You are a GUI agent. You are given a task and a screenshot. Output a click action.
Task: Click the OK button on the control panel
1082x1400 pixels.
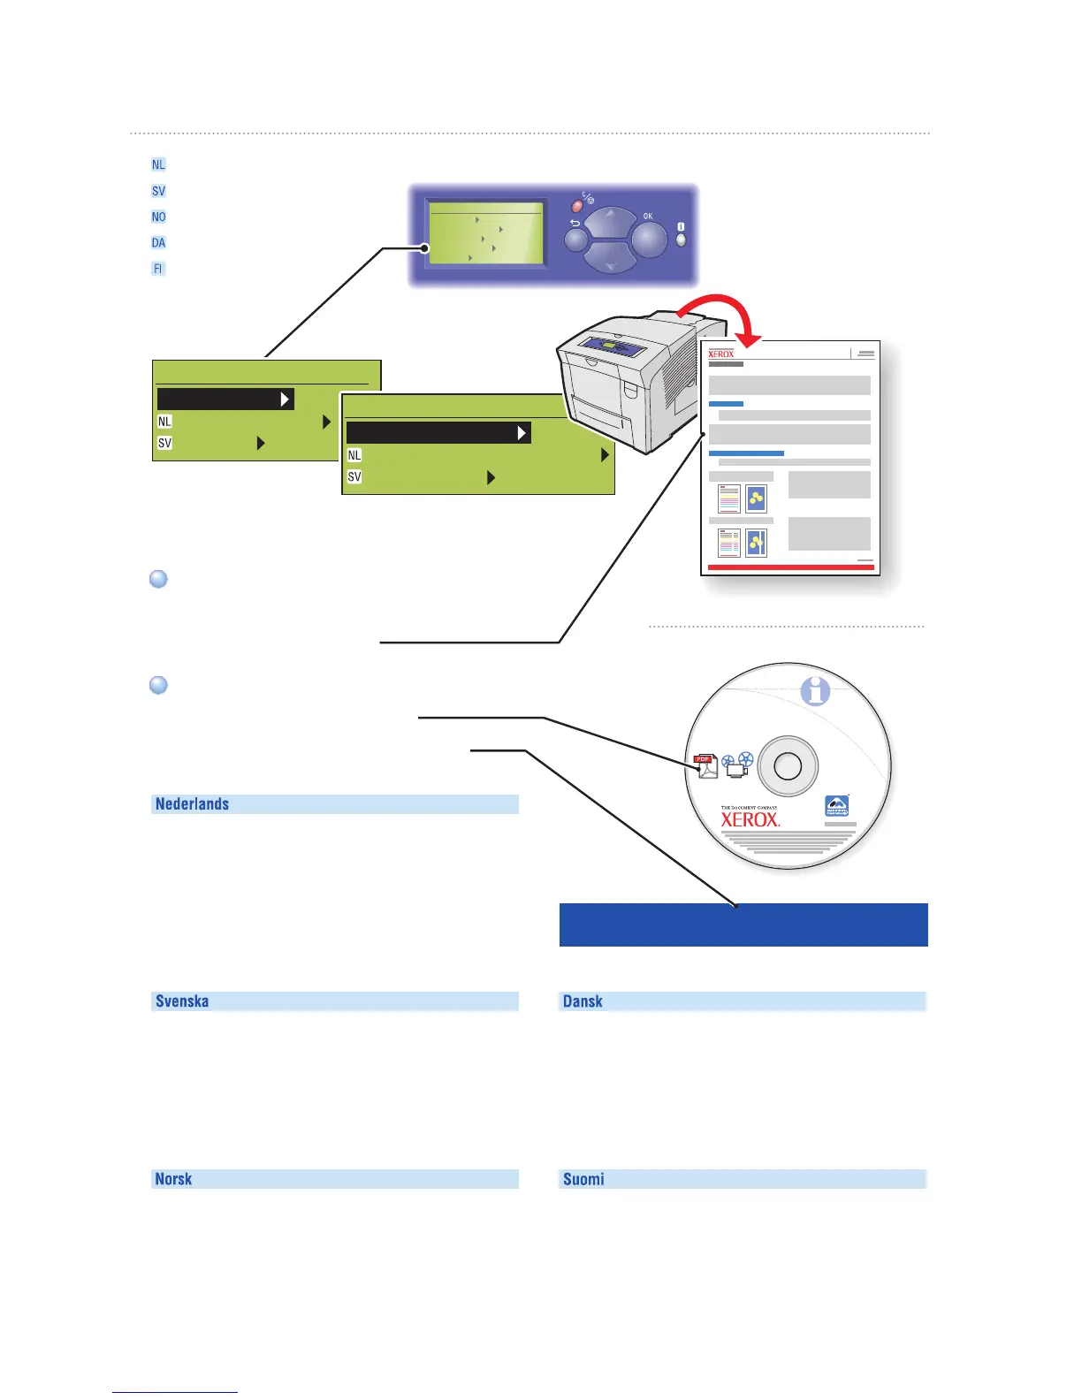[650, 239]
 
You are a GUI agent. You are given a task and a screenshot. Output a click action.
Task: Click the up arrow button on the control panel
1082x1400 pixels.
[611, 222]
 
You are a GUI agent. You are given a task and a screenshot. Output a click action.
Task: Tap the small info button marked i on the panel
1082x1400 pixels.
[681, 239]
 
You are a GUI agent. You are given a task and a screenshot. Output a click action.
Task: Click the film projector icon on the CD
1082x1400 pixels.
[736, 765]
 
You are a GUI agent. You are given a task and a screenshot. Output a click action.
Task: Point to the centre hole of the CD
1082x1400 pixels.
[788, 766]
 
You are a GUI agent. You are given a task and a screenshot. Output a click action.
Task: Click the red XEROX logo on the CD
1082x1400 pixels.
[751, 819]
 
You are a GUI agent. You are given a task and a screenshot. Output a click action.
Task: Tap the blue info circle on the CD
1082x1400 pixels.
[815, 691]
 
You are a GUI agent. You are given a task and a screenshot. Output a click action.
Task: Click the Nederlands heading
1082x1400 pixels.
[193, 804]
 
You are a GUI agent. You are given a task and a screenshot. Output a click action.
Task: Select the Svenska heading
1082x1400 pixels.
[182, 1001]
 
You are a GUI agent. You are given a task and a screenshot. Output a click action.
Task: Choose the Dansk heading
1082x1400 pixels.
[583, 1001]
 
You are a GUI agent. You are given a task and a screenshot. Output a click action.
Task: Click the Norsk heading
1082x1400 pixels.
[173, 1179]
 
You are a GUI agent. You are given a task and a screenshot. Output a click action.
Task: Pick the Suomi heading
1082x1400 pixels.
[583, 1179]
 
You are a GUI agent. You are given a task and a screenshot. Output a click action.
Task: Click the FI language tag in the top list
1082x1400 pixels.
[158, 269]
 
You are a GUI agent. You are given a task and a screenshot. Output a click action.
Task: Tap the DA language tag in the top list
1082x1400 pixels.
[158, 243]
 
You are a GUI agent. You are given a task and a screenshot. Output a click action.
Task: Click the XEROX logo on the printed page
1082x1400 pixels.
[721, 354]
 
